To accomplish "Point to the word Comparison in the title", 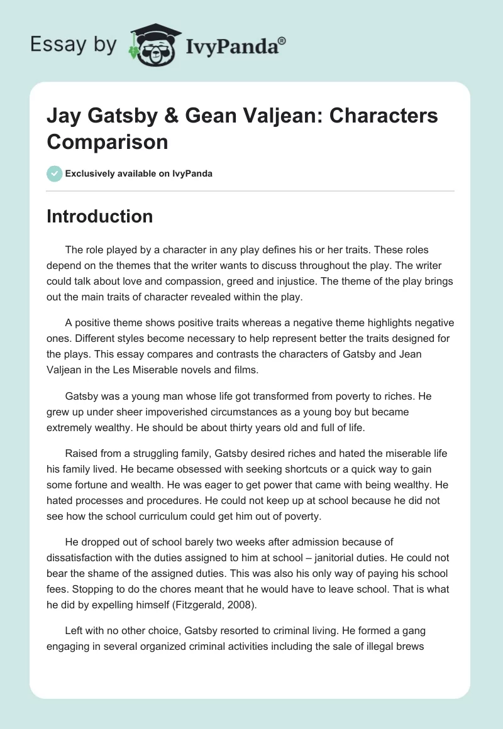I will tap(108, 141).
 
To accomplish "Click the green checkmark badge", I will tap(54, 173).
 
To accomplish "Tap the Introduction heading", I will tap(100, 216).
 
